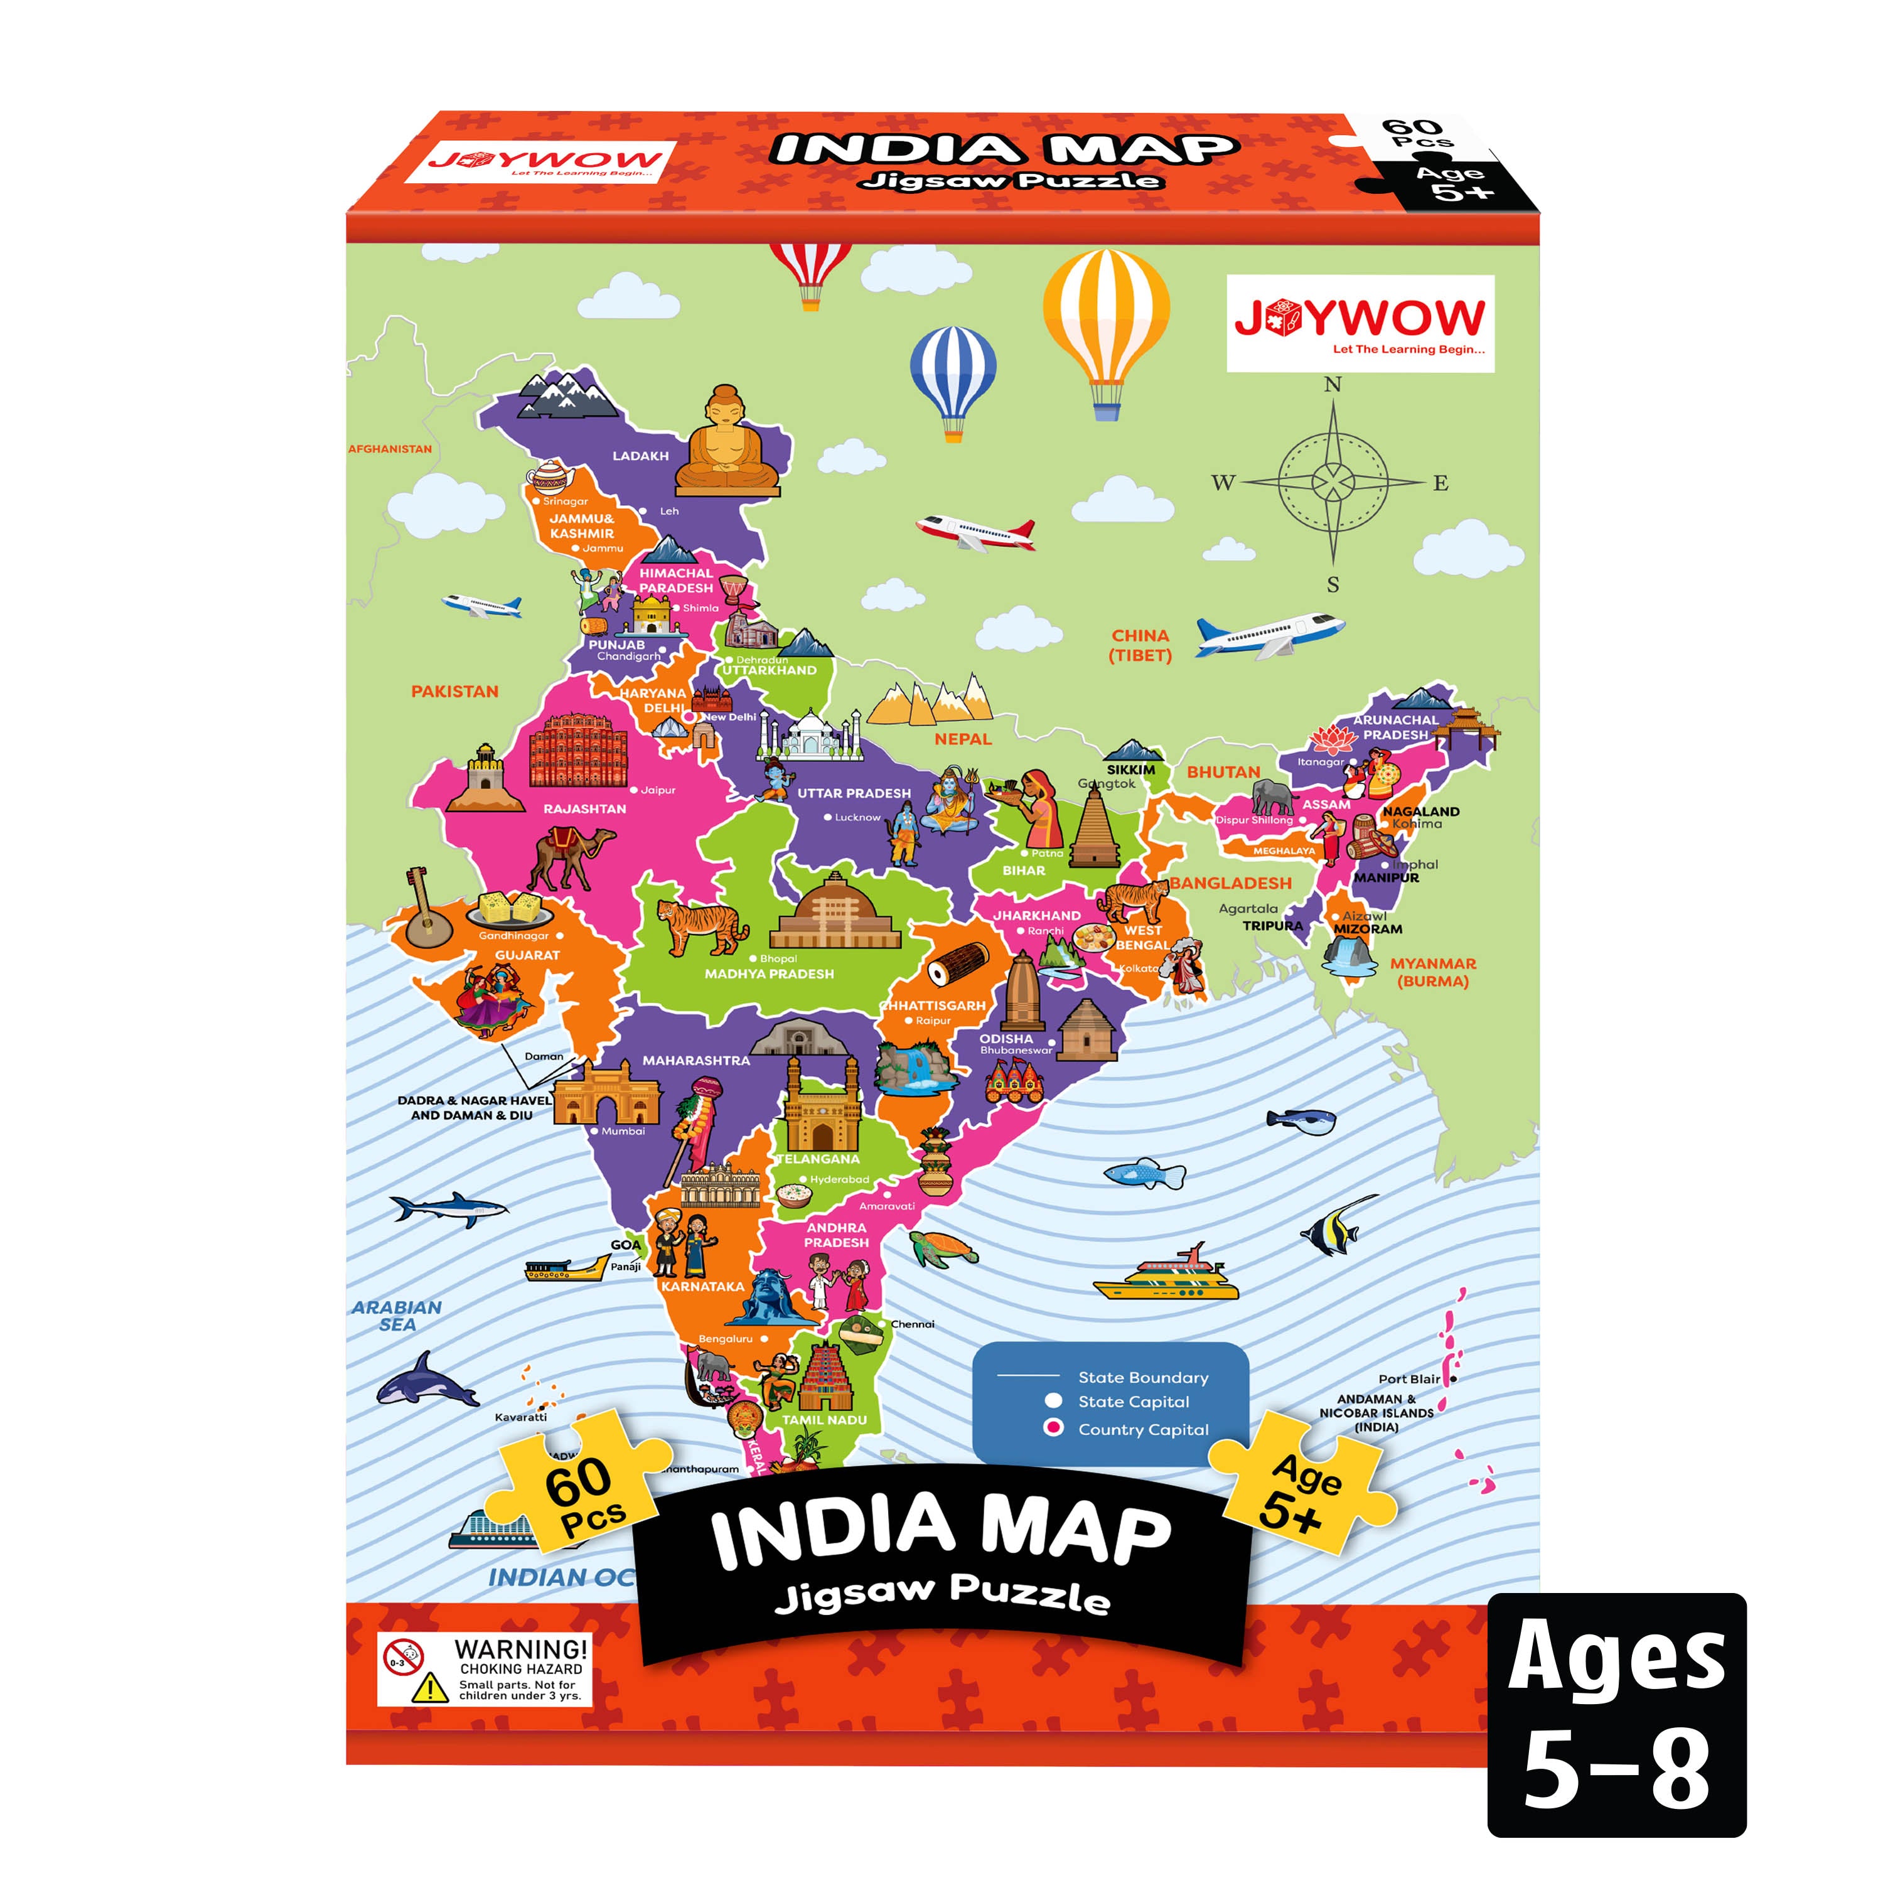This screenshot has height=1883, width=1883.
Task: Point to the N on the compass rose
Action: tap(1333, 385)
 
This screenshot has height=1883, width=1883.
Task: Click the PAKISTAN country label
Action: tap(454, 691)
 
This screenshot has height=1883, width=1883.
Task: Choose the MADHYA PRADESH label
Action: tap(769, 974)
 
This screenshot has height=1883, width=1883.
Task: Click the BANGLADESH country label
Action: tap(1231, 883)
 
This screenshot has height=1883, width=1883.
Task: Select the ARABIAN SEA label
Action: tap(397, 1316)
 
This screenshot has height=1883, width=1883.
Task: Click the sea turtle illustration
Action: tap(943, 1248)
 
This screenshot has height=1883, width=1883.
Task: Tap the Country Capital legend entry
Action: tap(1142, 1430)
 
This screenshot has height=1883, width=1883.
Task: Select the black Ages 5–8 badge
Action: tap(1616, 1715)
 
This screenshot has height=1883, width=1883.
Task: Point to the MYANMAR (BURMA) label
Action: tap(1433, 972)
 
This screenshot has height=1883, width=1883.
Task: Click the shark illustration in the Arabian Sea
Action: tap(449, 1208)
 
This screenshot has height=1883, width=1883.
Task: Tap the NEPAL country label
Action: tap(962, 739)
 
